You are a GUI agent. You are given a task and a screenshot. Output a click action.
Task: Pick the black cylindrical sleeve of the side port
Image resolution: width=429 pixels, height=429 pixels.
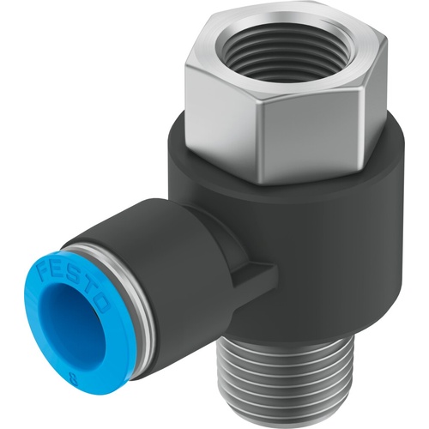tap(154, 257)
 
